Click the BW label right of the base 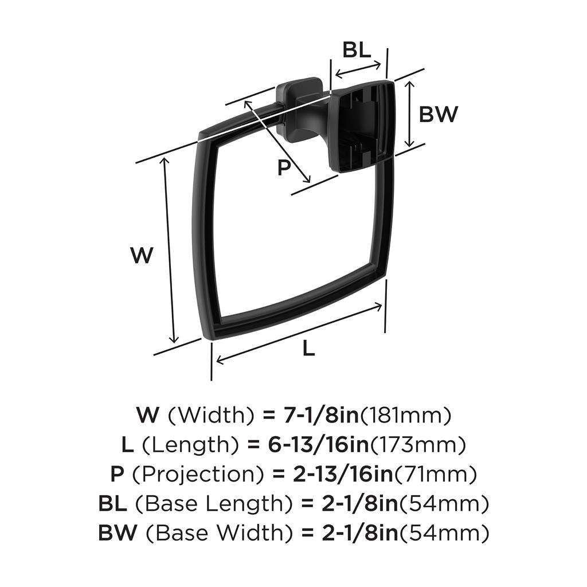coord(439,114)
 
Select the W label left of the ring coord(142,255)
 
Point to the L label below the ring coord(308,349)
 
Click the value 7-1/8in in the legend coord(321,415)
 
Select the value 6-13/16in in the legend coord(318,444)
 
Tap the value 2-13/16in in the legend coord(343,474)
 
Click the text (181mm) coord(405,415)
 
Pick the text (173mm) coord(418,445)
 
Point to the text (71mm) coord(436,474)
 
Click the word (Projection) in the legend coord(198,474)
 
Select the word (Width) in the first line coord(211,415)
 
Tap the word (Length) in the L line coord(190,445)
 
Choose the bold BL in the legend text coord(112,503)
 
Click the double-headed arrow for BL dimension coord(358,70)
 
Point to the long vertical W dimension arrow coord(169,250)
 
